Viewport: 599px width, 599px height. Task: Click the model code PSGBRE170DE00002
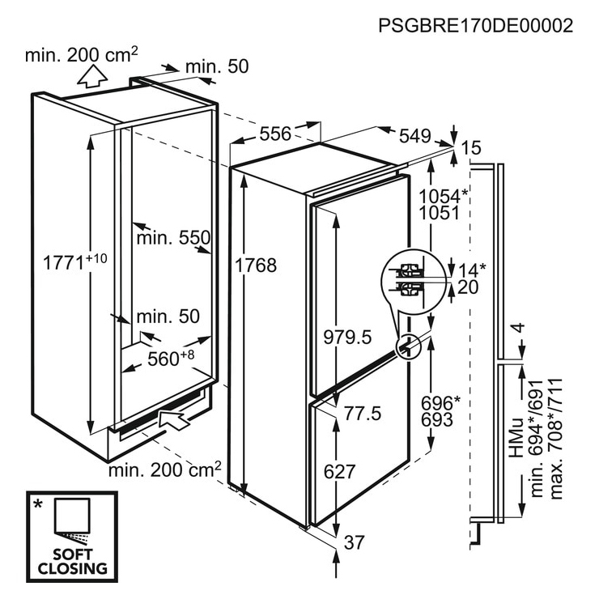click(476, 26)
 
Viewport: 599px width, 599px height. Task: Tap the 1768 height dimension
click(256, 266)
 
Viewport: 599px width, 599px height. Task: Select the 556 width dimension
click(275, 134)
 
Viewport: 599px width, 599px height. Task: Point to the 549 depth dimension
click(415, 136)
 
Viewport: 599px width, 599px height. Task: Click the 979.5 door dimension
click(347, 338)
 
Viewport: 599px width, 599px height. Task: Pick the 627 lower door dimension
click(340, 471)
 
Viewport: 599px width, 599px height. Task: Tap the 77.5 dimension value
click(363, 414)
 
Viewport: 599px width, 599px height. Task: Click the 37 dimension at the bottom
click(355, 542)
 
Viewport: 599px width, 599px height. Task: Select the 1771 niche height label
click(74, 261)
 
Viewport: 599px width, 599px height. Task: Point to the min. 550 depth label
click(173, 238)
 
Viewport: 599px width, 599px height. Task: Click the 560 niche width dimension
click(171, 358)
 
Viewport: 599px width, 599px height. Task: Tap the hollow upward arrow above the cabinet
click(92, 76)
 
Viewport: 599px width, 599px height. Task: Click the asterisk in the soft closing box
click(38, 504)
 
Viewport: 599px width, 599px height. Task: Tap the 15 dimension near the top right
click(471, 147)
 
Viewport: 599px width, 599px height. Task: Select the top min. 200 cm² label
click(82, 54)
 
